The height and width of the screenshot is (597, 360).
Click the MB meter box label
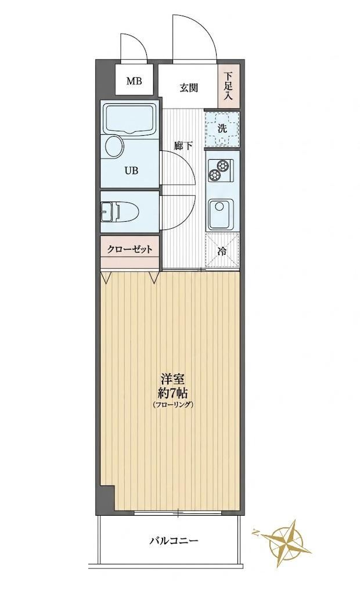(134, 81)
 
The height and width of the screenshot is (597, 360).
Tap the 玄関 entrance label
(189, 88)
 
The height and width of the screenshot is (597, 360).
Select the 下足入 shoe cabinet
(228, 86)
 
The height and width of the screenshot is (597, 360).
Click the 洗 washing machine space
(222, 129)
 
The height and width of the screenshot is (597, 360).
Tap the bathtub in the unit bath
(129, 119)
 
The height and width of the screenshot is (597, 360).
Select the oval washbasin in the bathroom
(114, 146)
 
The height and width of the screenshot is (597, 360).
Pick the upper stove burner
(222, 166)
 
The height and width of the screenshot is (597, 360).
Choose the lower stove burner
(214, 175)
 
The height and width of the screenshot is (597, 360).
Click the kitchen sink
(220, 213)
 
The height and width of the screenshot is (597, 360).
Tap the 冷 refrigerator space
(222, 251)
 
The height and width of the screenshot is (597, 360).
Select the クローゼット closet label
(129, 250)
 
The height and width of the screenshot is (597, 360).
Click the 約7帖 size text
(173, 393)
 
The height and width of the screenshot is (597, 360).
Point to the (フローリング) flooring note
(173, 405)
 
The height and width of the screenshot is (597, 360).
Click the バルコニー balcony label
(174, 540)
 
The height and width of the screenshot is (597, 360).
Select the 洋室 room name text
(173, 380)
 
